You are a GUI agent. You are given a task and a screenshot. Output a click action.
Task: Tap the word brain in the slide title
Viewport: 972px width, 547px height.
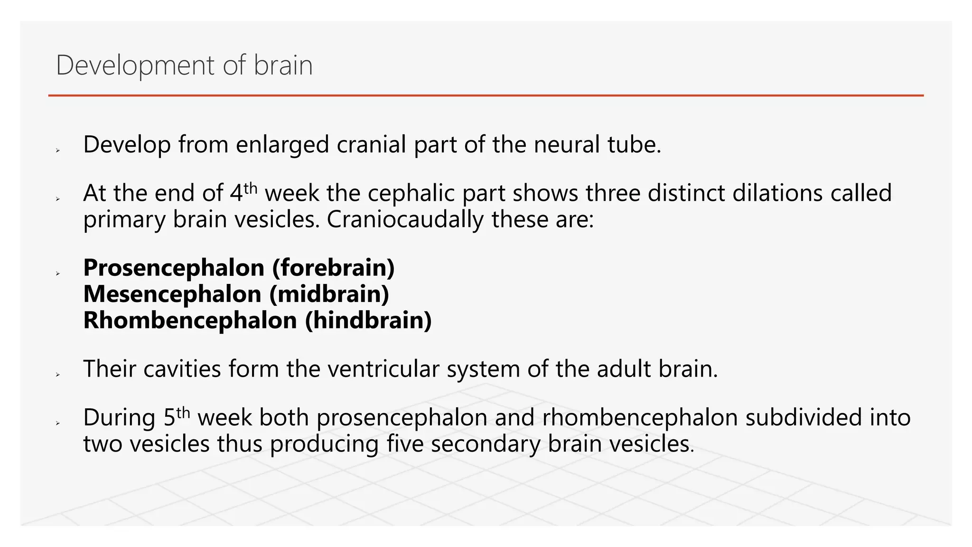283,66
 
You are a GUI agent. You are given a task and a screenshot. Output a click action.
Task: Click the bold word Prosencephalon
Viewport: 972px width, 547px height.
174,268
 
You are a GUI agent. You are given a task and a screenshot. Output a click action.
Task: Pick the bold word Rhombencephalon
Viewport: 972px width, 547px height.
190,320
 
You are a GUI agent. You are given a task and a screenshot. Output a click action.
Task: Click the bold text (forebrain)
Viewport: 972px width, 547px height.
333,268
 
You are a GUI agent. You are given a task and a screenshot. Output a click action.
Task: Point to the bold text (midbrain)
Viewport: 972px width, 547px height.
329,294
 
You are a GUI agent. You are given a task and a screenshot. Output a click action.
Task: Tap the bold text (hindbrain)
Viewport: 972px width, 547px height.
368,320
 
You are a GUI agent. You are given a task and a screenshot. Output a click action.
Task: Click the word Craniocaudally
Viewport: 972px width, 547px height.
405,220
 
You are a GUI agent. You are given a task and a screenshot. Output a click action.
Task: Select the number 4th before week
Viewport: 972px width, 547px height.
243,192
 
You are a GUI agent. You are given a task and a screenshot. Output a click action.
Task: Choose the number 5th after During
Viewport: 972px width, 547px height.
177,417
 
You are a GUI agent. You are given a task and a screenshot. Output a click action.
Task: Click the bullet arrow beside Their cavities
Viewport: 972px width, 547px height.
57,375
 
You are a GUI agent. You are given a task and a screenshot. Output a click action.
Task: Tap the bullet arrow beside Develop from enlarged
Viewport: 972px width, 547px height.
57,151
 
